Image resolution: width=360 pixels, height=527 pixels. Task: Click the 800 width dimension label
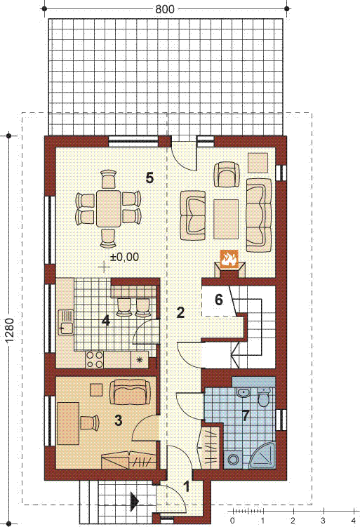coord(165,9)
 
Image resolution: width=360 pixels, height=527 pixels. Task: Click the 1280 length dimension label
coord(10,331)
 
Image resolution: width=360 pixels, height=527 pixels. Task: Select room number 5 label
coord(149,178)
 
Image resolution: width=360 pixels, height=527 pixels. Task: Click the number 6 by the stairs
coord(219,300)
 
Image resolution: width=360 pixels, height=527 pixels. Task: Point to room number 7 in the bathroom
coord(246,415)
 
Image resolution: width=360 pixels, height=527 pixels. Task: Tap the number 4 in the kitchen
coord(106,321)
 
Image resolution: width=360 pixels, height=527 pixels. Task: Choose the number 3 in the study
coord(118,420)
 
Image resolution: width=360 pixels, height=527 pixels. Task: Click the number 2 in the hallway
coord(180,312)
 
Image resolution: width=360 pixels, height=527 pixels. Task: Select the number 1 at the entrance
coord(187,486)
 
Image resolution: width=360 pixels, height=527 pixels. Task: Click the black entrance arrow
coord(135,501)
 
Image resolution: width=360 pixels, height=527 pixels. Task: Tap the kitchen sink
coord(66,322)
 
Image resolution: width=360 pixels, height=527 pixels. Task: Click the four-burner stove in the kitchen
coord(95,359)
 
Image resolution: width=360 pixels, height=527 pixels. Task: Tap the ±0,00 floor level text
coord(125,257)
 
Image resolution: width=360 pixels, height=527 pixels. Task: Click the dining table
coord(108,208)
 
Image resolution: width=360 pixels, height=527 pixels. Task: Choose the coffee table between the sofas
coord(226,220)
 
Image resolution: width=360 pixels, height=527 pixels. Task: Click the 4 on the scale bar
coord(353,521)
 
